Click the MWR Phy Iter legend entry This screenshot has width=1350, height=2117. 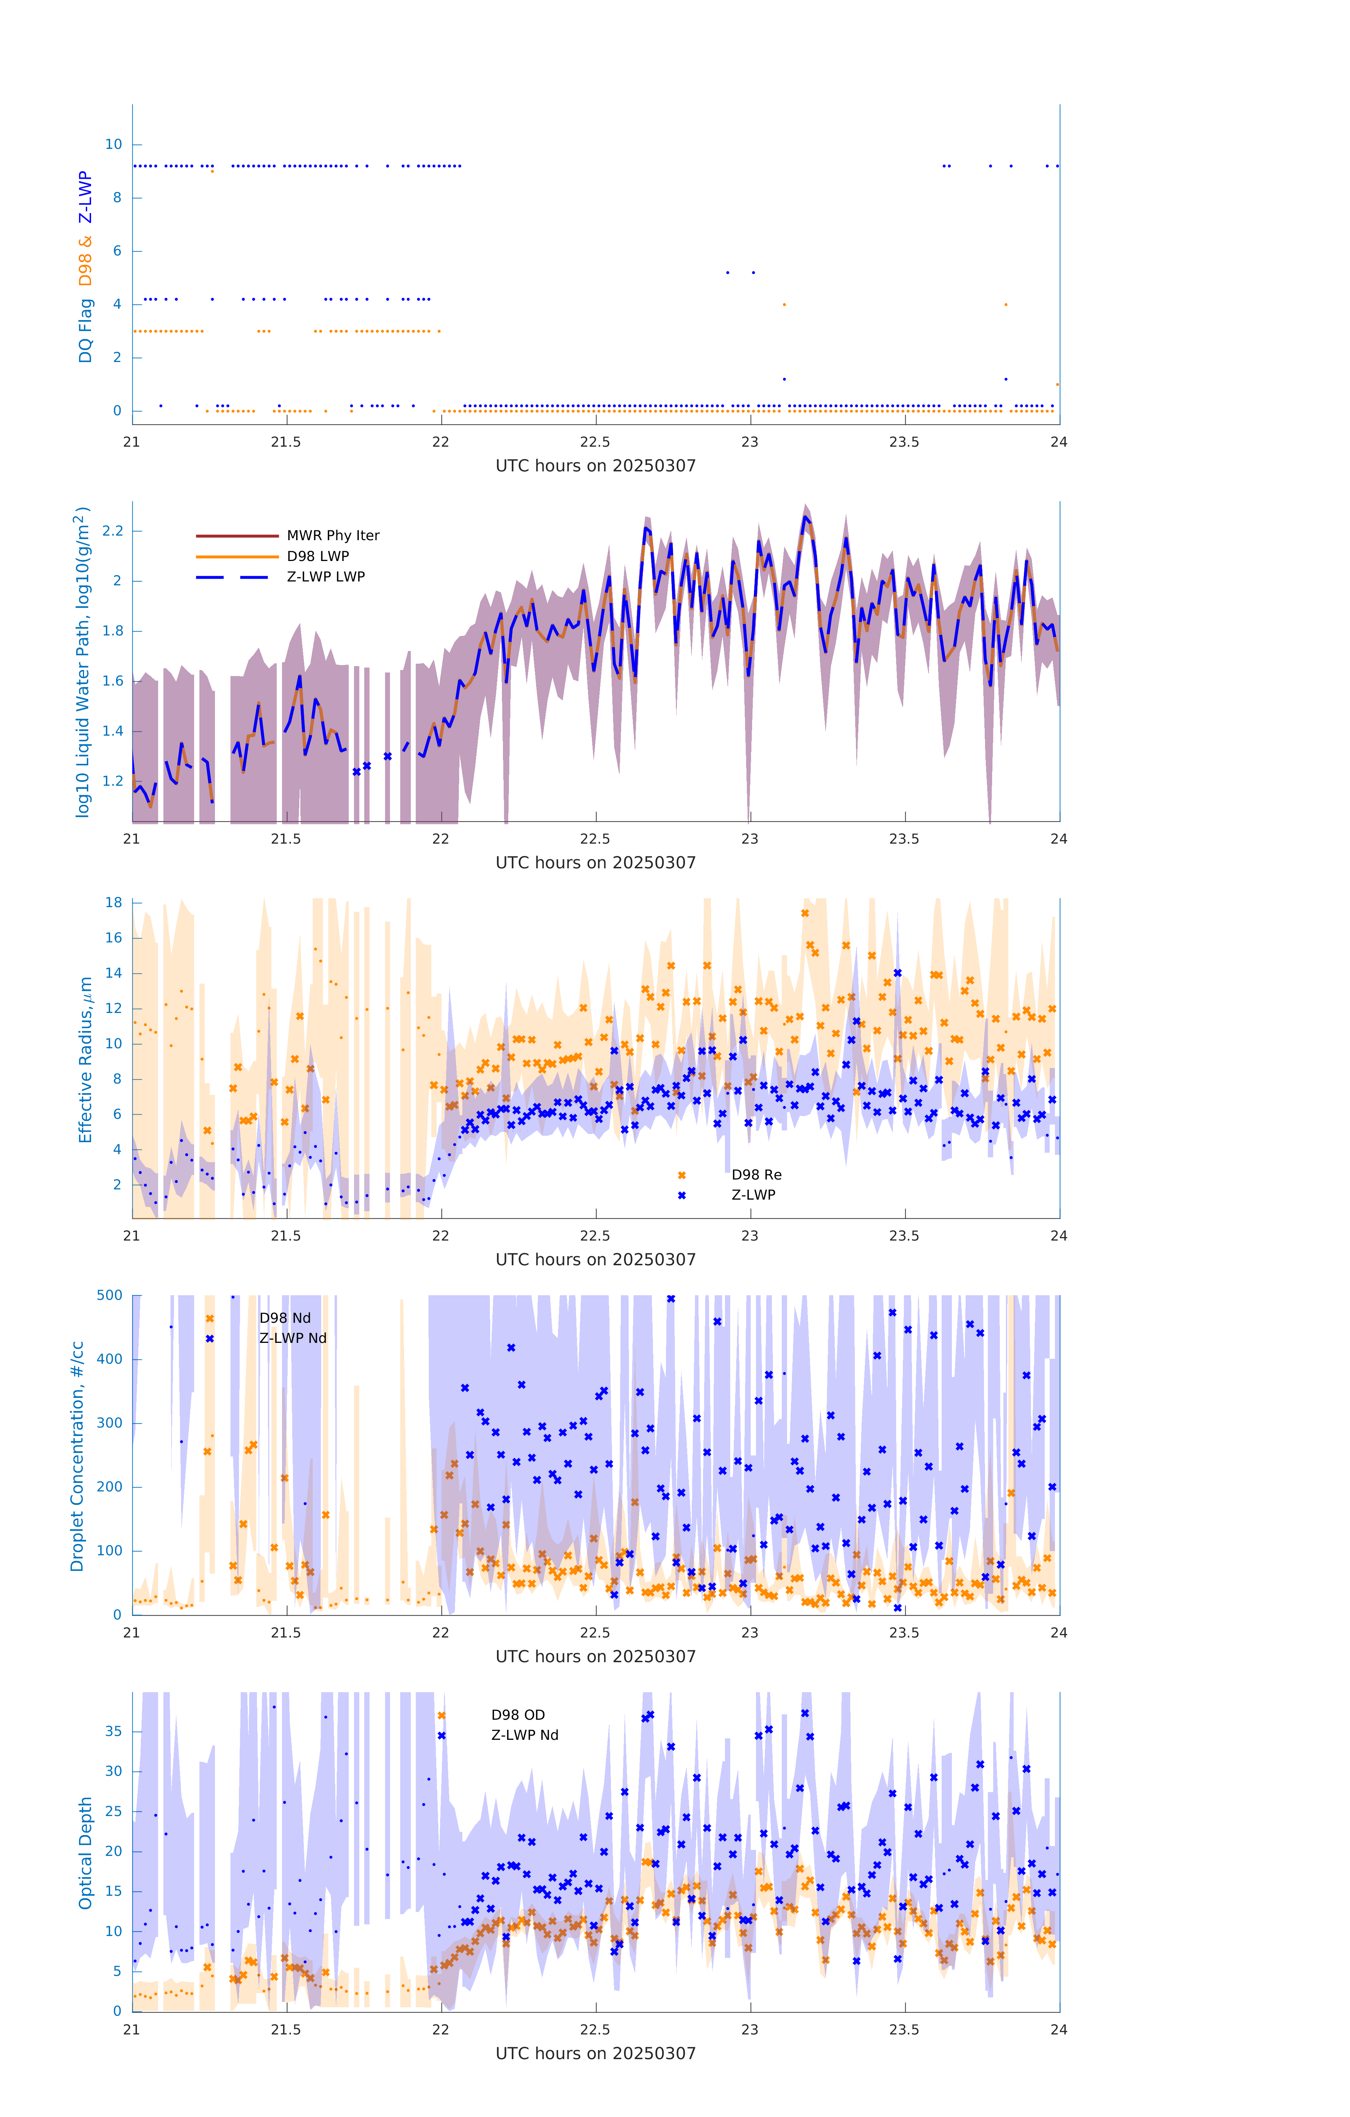332,535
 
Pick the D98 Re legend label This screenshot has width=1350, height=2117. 756,1175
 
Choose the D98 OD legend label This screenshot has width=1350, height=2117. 518,1714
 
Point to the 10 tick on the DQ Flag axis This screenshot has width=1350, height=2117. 113,144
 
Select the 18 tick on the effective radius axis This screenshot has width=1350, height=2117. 113,902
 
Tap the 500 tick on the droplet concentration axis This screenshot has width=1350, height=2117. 110,1295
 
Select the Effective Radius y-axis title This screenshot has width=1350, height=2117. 85,1059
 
